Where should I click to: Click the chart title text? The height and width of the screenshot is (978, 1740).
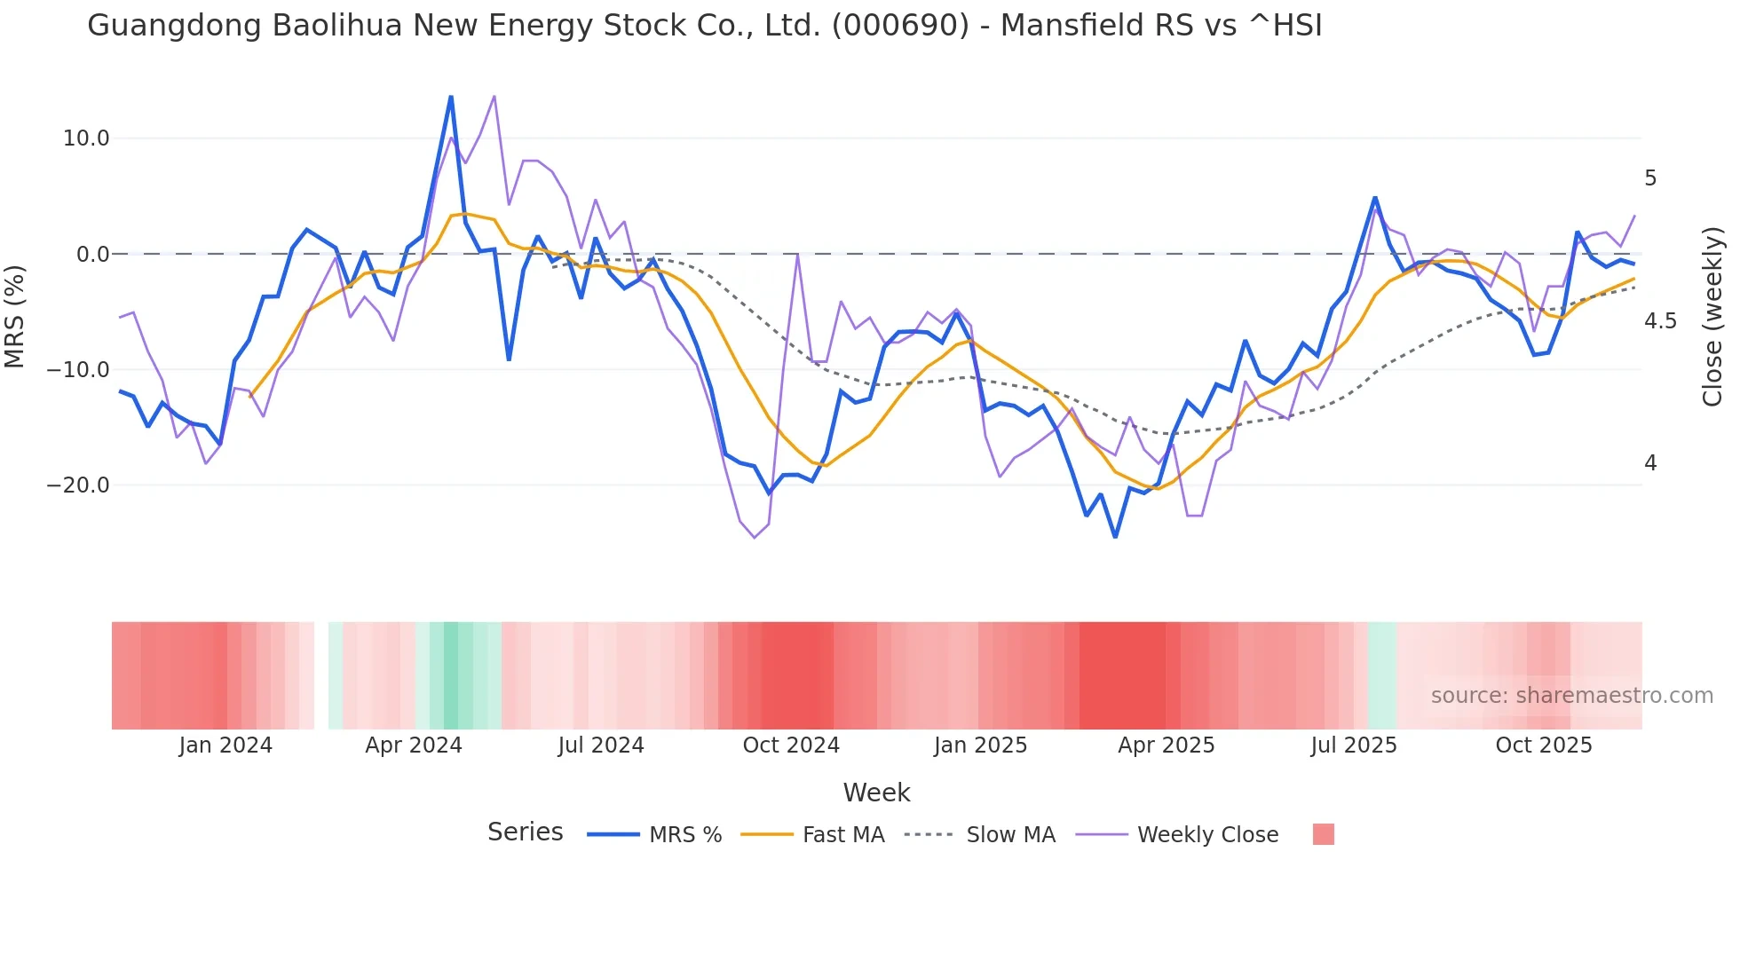click(704, 26)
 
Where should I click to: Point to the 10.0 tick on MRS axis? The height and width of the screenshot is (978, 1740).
click(85, 138)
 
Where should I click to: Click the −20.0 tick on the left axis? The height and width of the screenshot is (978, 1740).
click(78, 485)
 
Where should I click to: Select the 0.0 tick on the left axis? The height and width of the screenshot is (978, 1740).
click(92, 255)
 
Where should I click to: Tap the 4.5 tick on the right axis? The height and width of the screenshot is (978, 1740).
click(1660, 321)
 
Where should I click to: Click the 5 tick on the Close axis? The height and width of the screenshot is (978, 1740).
click(1650, 178)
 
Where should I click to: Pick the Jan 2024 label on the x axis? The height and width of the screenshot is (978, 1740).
click(225, 745)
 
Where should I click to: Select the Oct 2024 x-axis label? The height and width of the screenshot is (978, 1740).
click(791, 745)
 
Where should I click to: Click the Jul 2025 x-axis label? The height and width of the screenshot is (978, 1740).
click(1354, 745)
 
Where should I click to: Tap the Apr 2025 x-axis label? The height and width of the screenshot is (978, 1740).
click(1166, 745)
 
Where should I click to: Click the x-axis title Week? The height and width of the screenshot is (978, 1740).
click(876, 793)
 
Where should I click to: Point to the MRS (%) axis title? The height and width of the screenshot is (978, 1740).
click(15, 316)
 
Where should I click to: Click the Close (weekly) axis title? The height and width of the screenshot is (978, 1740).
click(1712, 317)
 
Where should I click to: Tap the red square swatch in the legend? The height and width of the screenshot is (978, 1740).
click(1323, 834)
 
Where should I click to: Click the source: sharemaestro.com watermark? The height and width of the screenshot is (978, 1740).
click(1571, 696)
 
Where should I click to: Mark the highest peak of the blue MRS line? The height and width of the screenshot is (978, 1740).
click(451, 97)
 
